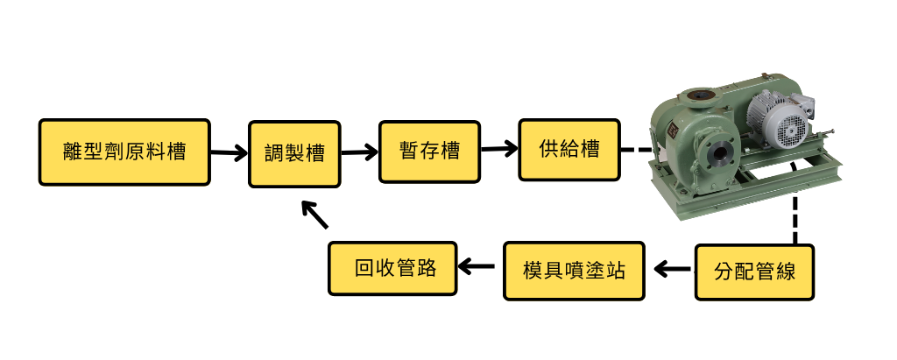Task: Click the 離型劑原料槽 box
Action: pos(124,152)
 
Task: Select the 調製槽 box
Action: pos(295,152)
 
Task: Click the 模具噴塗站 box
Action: pos(576,269)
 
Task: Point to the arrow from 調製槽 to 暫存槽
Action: pos(358,152)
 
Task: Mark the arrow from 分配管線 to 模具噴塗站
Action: pos(672,270)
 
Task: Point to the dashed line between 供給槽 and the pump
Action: pos(636,150)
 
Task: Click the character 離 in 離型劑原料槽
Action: pos(74,152)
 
